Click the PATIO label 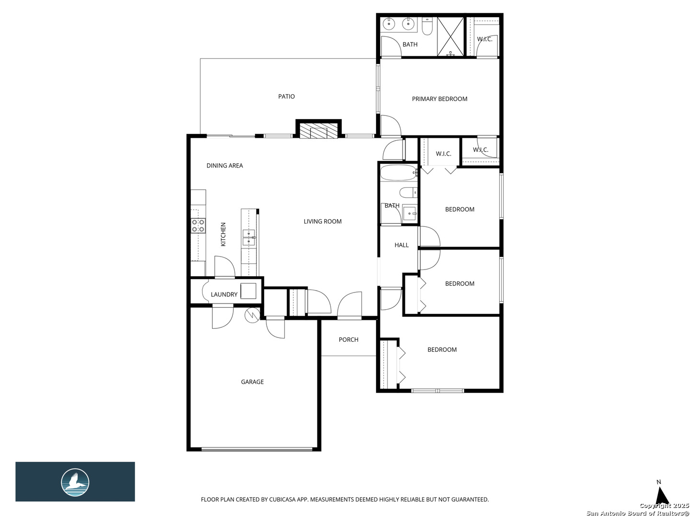286,96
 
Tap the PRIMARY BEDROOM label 439,99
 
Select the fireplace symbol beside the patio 318,131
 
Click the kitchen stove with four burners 198,225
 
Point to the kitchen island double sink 249,237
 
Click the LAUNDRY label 224,294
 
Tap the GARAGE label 252,382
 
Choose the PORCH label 348,340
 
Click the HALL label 402,245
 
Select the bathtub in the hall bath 399,173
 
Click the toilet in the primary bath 427,26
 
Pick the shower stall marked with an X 450,37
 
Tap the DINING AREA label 224,166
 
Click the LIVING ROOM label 322,222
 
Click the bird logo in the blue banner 75,482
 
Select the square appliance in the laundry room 248,291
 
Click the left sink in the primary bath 389,23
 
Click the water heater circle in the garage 253,315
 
